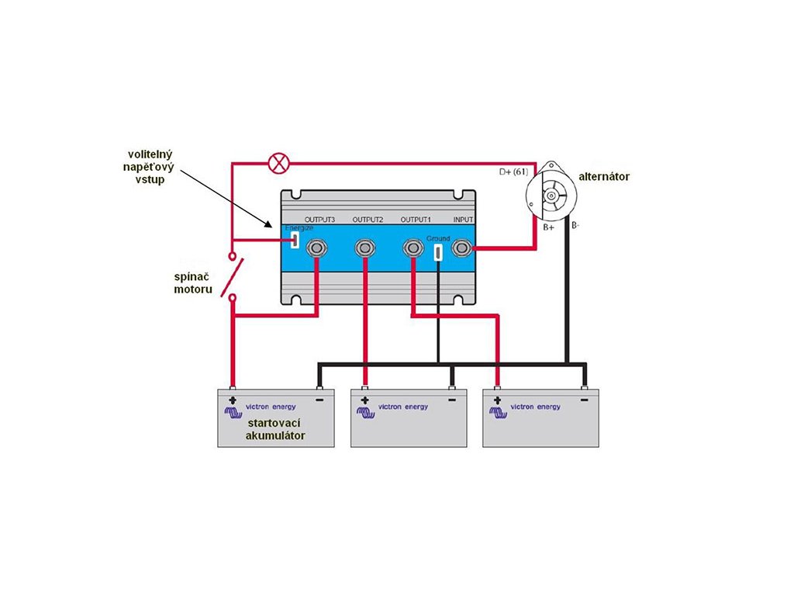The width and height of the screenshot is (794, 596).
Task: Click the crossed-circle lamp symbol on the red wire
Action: (x=278, y=163)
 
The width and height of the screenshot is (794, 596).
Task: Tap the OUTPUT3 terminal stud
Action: (x=316, y=248)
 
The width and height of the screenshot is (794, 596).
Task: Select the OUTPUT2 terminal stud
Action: (x=364, y=248)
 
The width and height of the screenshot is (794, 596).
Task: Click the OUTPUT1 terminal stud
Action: (x=413, y=248)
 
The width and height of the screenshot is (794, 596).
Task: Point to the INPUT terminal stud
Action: (x=461, y=248)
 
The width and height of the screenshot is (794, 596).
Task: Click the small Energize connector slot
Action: (x=294, y=241)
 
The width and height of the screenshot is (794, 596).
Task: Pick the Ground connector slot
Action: (x=438, y=252)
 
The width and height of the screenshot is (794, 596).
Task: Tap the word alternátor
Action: (x=604, y=176)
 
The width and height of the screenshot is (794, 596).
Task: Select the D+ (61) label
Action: (x=513, y=172)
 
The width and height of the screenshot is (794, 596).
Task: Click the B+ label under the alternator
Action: (x=548, y=227)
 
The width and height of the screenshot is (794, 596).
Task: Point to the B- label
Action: (x=575, y=225)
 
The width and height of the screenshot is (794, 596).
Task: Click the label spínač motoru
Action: (x=193, y=283)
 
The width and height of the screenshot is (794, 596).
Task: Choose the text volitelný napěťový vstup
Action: (x=149, y=167)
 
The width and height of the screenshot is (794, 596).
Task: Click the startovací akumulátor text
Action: (x=275, y=429)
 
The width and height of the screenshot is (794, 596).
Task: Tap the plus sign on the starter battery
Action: (x=233, y=400)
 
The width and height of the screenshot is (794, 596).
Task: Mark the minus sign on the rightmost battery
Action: (x=585, y=400)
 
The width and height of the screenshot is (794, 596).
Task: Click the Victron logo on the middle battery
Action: (x=366, y=413)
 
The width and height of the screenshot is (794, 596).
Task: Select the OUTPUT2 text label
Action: (x=368, y=220)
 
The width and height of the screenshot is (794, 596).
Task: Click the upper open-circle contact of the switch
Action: (x=233, y=255)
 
